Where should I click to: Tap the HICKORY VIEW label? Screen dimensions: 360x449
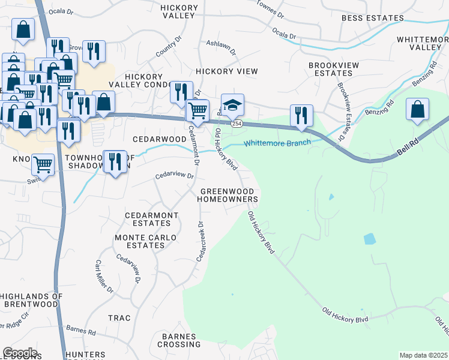coord(227,71)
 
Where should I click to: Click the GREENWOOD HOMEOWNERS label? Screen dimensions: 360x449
coord(228,194)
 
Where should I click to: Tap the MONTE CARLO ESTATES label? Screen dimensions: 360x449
coord(146,241)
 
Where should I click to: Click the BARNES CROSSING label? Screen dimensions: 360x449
coord(179,340)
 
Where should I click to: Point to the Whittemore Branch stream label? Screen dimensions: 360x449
coord(277,143)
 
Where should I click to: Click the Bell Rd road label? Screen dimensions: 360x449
coord(408,146)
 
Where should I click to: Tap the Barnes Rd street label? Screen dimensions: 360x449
coord(81,329)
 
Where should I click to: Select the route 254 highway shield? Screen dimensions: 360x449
coord(237,123)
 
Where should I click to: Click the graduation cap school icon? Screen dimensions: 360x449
coord(232,104)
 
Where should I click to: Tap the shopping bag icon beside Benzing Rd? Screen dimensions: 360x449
coord(417,109)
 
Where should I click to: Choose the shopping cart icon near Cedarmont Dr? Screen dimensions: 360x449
coord(197,110)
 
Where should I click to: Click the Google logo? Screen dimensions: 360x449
coord(20,353)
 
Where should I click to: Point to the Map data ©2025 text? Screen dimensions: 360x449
coord(423,355)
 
